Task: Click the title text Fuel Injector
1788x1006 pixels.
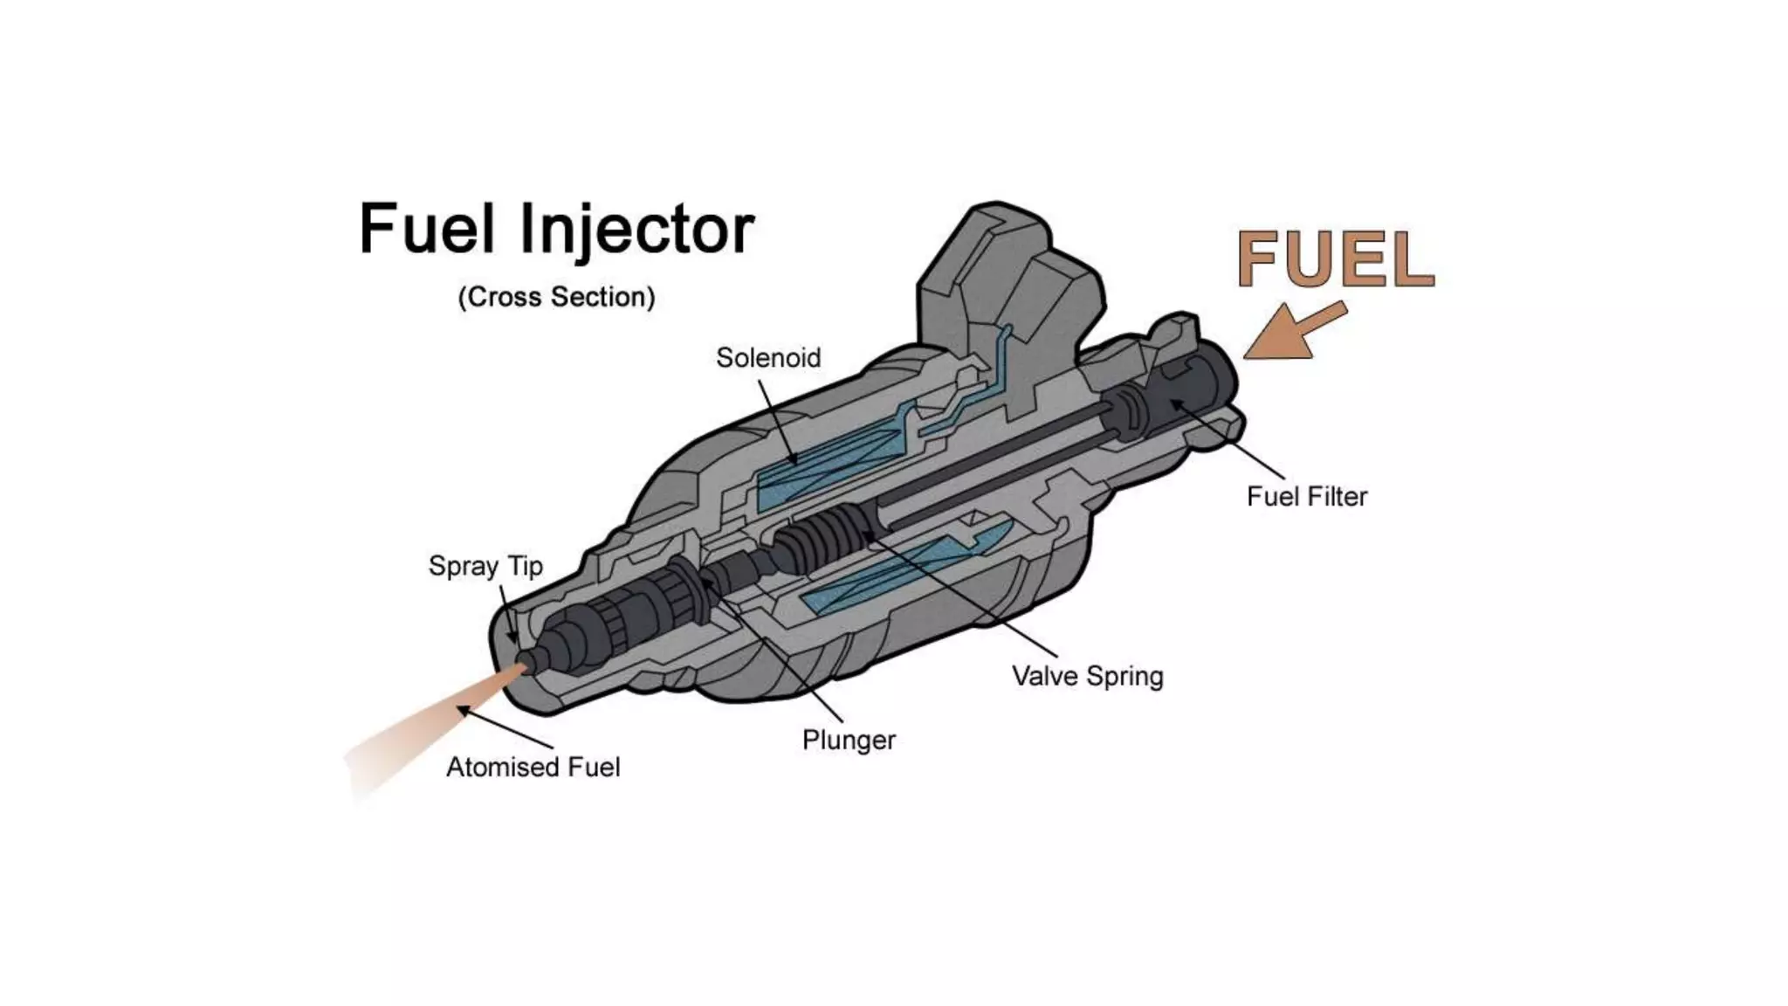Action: click(x=556, y=229)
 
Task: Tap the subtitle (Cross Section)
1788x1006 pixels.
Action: click(x=556, y=297)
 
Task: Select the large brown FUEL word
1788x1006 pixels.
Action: click(x=1336, y=259)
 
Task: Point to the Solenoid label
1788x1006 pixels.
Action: click(x=768, y=357)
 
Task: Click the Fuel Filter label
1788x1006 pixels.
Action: click(x=1307, y=496)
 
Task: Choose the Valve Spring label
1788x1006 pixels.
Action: click(x=1088, y=676)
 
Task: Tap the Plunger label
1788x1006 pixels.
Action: click(x=849, y=740)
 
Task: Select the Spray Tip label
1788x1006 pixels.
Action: click(x=485, y=566)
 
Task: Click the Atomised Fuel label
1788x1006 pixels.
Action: click(x=533, y=767)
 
